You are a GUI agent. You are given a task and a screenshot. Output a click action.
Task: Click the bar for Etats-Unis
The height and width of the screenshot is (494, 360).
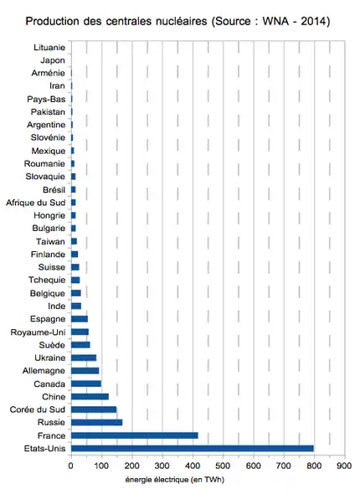click(x=193, y=448)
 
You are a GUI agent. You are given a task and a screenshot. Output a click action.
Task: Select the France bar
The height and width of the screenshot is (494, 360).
click(x=135, y=435)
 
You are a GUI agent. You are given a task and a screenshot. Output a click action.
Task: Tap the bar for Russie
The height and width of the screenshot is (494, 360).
click(x=96, y=423)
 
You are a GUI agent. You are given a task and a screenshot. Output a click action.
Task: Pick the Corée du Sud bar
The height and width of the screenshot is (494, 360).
click(x=94, y=409)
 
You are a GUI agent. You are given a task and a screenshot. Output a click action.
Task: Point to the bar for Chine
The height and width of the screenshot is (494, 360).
click(x=90, y=397)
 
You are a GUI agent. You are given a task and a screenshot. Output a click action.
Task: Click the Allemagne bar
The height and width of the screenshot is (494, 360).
click(x=85, y=371)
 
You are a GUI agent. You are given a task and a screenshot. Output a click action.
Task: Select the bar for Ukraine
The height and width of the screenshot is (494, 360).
click(x=84, y=358)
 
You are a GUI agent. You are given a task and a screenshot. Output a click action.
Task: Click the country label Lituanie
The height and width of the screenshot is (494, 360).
click(x=49, y=48)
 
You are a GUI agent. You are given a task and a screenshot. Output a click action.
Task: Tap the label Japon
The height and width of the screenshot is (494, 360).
click(x=53, y=60)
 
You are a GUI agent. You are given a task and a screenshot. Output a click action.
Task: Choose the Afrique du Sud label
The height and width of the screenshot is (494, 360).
click(x=36, y=203)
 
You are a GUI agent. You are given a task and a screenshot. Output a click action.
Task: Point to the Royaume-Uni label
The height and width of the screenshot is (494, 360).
click(x=39, y=332)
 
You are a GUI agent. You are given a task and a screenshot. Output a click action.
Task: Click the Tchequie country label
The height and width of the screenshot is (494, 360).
click(x=47, y=280)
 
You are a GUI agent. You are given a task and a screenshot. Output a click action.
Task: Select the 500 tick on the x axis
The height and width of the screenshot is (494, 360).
click(x=223, y=466)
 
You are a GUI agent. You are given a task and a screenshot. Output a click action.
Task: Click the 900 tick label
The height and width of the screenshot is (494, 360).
click(x=344, y=466)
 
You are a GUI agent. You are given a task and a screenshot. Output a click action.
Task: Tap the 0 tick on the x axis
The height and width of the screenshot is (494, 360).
click(x=70, y=466)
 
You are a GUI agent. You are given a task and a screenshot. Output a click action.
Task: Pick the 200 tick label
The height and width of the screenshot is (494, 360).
click(x=131, y=466)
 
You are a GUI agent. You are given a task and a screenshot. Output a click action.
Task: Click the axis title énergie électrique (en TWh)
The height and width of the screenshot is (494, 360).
click(x=175, y=480)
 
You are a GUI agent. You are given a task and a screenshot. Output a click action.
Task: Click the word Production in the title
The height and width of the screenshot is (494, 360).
click(x=53, y=22)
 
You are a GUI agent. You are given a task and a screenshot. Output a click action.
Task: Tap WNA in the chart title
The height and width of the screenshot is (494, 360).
click(x=275, y=22)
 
